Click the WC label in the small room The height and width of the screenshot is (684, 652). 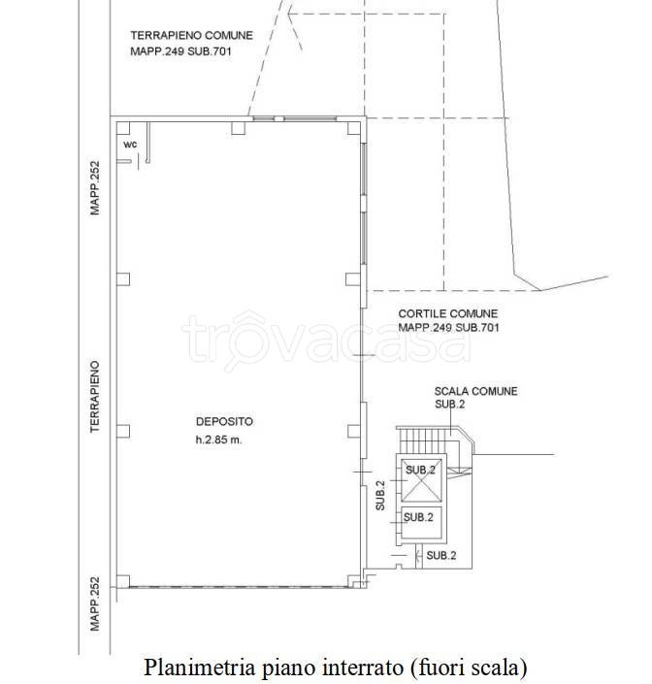click(x=130, y=145)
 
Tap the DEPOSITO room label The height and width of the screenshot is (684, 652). click(x=224, y=421)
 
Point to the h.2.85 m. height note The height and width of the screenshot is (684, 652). click(x=218, y=440)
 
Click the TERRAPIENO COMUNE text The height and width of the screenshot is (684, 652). click(x=191, y=35)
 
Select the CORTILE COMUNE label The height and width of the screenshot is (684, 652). click(x=448, y=313)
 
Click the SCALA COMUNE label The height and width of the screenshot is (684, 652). click(x=475, y=391)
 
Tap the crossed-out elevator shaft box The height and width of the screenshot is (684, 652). click(x=421, y=480)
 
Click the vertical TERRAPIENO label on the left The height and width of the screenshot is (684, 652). click(x=95, y=397)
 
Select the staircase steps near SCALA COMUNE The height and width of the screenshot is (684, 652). click(x=428, y=440)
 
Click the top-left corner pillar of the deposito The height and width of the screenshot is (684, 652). click(x=123, y=128)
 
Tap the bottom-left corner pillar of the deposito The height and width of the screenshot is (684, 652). click(x=123, y=581)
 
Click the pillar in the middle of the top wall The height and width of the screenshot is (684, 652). click(x=238, y=128)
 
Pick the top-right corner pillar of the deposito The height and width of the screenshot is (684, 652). click(x=354, y=128)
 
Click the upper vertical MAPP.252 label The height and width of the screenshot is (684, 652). click(x=95, y=188)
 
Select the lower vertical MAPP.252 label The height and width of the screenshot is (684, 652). click(x=95, y=603)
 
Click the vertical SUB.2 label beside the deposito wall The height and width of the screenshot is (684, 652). click(x=380, y=496)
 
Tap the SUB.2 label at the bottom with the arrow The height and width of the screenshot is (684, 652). click(x=441, y=555)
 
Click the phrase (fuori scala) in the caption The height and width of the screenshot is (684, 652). click(x=468, y=668)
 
